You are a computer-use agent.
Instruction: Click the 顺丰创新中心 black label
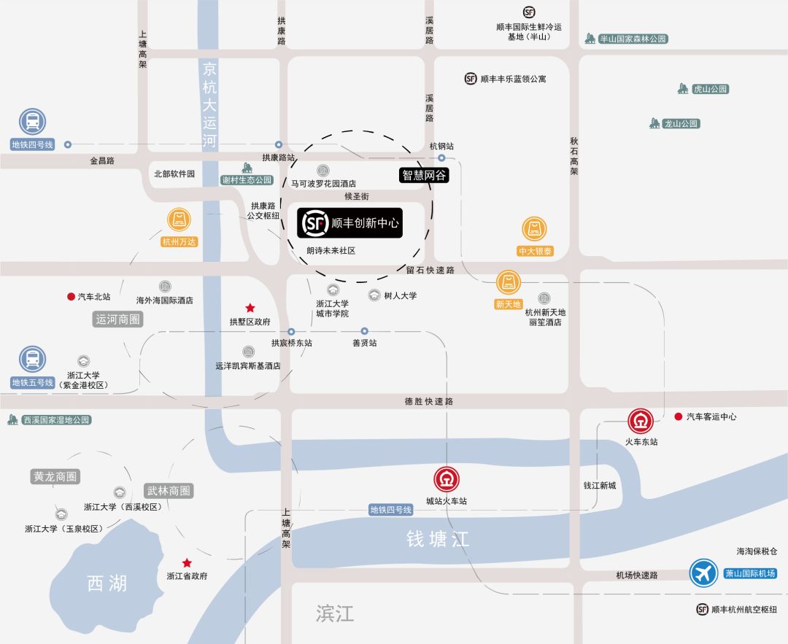pyautogui.click(x=349, y=223)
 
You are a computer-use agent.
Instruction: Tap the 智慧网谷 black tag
pyautogui.click(x=423, y=175)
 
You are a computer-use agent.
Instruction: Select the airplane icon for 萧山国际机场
pyautogui.click(x=704, y=573)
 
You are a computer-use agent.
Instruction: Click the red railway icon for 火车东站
pyautogui.click(x=641, y=422)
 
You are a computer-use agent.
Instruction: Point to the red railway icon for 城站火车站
pyautogui.click(x=447, y=480)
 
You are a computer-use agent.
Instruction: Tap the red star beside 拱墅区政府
pyautogui.click(x=250, y=308)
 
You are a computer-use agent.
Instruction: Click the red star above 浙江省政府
pyautogui.click(x=187, y=562)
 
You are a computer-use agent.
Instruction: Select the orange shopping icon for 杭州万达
pyautogui.click(x=179, y=220)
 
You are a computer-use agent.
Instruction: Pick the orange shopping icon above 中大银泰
pyautogui.click(x=534, y=229)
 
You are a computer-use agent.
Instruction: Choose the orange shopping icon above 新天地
pyautogui.click(x=509, y=282)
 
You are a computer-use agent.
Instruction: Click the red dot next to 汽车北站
pyautogui.click(x=71, y=297)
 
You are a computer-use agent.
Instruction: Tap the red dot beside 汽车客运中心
pyautogui.click(x=678, y=416)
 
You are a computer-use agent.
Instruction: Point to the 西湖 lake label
pyautogui.click(x=107, y=583)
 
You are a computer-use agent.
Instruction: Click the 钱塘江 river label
pyautogui.click(x=438, y=539)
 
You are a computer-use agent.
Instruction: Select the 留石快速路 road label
pyautogui.click(x=430, y=270)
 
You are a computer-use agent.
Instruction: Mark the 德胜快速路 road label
pyautogui.click(x=429, y=401)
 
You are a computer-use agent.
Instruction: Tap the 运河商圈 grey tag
pyautogui.click(x=118, y=319)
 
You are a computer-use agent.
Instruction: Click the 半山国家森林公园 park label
pyautogui.click(x=633, y=39)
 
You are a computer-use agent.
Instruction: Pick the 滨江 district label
pyautogui.click(x=335, y=613)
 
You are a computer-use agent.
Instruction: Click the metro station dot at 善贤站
pyautogui.click(x=364, y=331)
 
